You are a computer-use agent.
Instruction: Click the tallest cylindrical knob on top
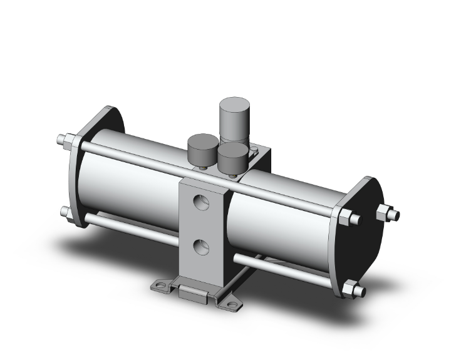234,118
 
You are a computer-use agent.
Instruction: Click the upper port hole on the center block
200,203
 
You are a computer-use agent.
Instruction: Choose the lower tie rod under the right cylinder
288,267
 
